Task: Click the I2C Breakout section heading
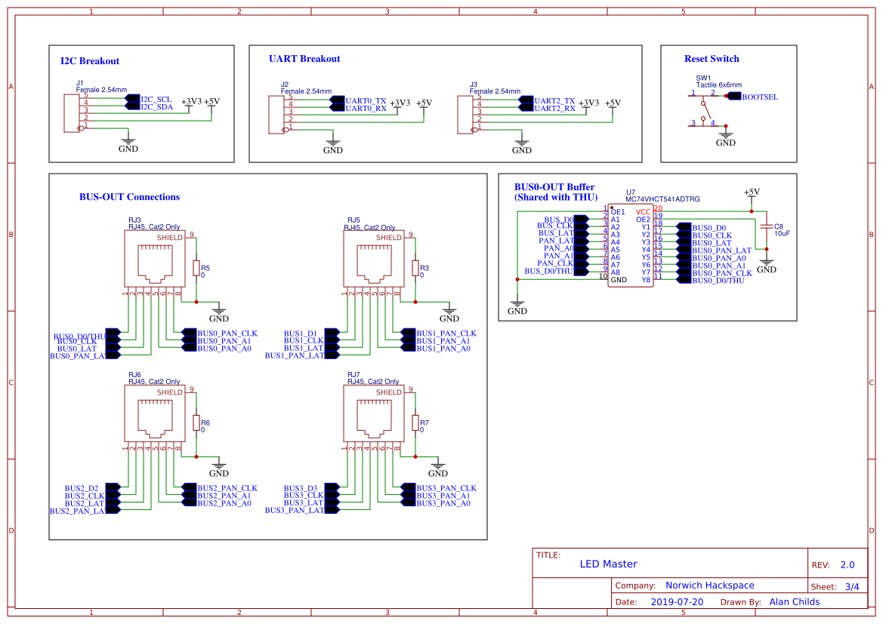[89, 61]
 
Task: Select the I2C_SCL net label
[156, 99]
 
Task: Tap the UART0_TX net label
[365, 100]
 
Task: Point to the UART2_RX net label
[554, 109]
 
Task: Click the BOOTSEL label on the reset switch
[759, 97]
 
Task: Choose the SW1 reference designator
[703, 78]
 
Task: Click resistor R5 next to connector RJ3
[196, 269]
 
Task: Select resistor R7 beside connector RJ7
[415, 423]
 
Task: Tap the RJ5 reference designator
[354, 220]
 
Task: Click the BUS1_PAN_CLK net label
[446, 333]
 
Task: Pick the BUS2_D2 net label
[82, 488]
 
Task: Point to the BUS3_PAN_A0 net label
[443, 503]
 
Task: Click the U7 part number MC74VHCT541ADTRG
[662, 199]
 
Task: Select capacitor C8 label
[778, 226]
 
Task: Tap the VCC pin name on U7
[642, 212]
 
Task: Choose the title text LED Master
[608, 564]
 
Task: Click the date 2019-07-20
[676, 602]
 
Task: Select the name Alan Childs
[794, 602]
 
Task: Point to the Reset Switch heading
[712, 59]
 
